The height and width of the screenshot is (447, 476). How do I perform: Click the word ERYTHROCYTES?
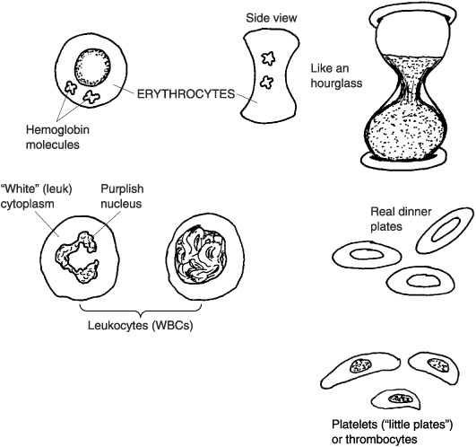pos(186,94)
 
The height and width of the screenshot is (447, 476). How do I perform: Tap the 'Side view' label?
pos(272,18)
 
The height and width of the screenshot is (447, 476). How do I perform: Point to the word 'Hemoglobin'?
pos(57,130)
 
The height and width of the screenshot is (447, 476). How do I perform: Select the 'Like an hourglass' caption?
pos(336,75)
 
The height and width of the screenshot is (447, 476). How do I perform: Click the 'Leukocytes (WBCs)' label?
pos(141,326)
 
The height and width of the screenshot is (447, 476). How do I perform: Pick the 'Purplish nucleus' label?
pos(122,197)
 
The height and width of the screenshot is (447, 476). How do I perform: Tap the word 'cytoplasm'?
pos(27,204)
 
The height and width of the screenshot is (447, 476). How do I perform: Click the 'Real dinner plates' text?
pos(401,219)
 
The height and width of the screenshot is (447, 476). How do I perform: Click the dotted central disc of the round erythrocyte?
pos(92,67)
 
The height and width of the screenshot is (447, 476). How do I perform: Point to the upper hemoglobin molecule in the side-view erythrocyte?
pos(268,58)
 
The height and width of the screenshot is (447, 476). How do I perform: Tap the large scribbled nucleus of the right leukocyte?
pos(201,257)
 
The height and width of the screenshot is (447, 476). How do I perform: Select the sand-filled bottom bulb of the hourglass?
pos(407,130)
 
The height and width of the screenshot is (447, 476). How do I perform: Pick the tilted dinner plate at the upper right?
pos(446,230)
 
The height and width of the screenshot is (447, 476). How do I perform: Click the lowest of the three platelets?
pos(396,399)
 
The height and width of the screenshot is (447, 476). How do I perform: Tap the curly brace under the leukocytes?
pos(141,311)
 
